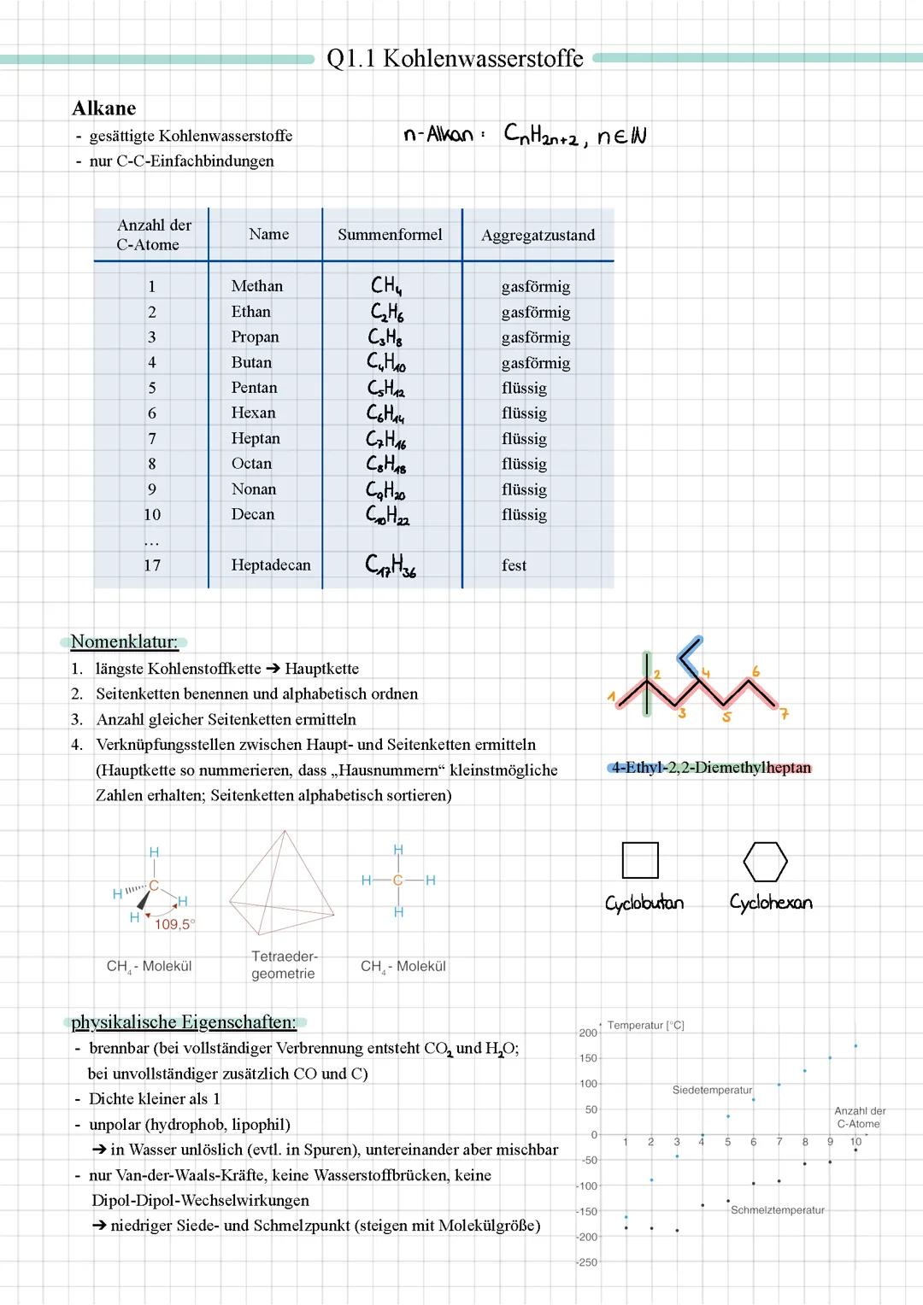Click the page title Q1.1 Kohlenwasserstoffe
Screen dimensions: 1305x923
(455, 58)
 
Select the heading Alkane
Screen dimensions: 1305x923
(104, 108)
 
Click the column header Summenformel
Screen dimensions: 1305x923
(390, 235)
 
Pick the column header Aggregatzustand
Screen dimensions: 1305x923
(538, 236)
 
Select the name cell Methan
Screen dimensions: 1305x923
(256, 286)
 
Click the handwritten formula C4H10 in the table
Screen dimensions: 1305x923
(386, 362)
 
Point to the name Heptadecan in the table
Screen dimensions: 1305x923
(271, 565)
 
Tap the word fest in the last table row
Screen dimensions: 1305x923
(514, 565)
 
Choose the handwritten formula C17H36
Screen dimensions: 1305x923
(391, 565)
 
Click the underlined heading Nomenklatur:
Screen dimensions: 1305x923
(125, 642)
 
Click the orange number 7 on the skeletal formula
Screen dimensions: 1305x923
(784, 714)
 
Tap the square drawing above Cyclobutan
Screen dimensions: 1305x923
(640, 860)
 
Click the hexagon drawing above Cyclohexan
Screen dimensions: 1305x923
(765, 862)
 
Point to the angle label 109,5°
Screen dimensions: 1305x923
(174, 924)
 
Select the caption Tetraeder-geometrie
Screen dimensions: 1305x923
(284, 965)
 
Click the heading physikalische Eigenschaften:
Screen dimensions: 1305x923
(184, 1022)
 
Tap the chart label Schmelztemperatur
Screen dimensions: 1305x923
(777, 1210)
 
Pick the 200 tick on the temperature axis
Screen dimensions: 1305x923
(588, 1033)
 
